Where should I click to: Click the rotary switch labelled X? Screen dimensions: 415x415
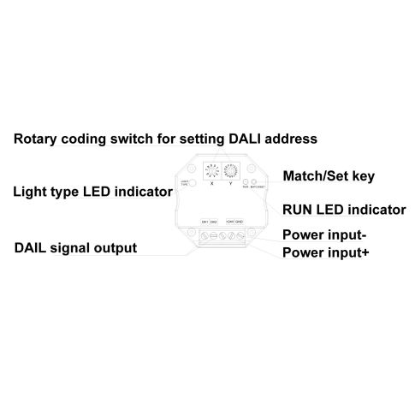click(210, 169)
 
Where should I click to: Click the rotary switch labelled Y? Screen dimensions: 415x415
click(229, 169)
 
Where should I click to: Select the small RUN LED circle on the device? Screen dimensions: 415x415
click(246, 182)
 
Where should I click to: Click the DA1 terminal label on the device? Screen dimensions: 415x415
click(205, 222)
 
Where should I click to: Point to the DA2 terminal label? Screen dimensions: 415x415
click(214, 222)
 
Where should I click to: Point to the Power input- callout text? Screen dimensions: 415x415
click(326, 234)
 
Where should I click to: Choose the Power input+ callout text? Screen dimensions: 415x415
click(326, 252)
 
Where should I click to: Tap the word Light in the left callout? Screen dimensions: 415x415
click(30, 192)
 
